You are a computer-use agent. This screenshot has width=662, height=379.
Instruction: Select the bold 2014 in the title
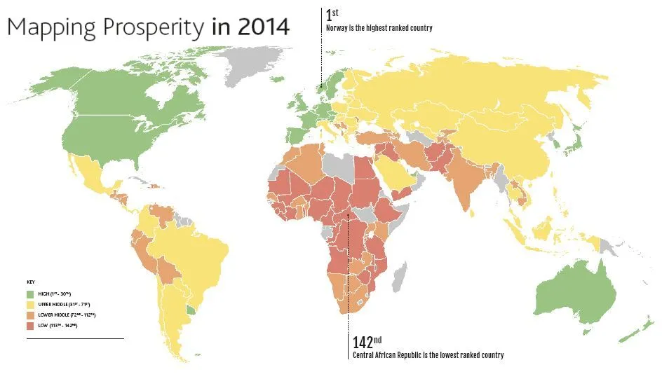pos(262,27)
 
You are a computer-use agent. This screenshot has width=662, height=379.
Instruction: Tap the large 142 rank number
pos(362,343)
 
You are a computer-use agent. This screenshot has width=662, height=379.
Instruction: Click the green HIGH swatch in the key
pos(30,293)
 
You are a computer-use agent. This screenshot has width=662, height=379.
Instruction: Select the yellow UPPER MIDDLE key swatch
pos(30,304)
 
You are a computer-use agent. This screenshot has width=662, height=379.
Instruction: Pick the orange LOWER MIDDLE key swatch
pos(30,315)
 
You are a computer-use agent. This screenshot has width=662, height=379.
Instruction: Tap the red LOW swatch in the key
pos(30,326)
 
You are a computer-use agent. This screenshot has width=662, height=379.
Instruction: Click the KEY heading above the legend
pos(29,282)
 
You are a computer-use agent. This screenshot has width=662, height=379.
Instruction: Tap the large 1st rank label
pos(332,15)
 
